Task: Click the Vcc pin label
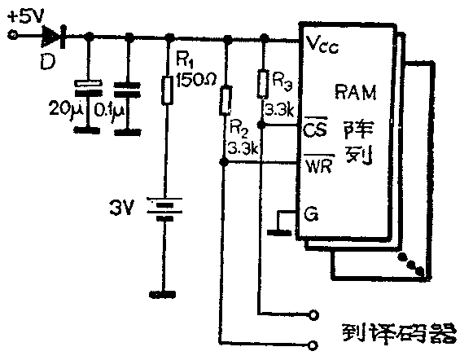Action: coord(322,45)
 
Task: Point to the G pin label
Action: coord(309,214)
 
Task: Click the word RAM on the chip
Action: coord(356,90)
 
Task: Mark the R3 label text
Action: coord(281,81)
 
